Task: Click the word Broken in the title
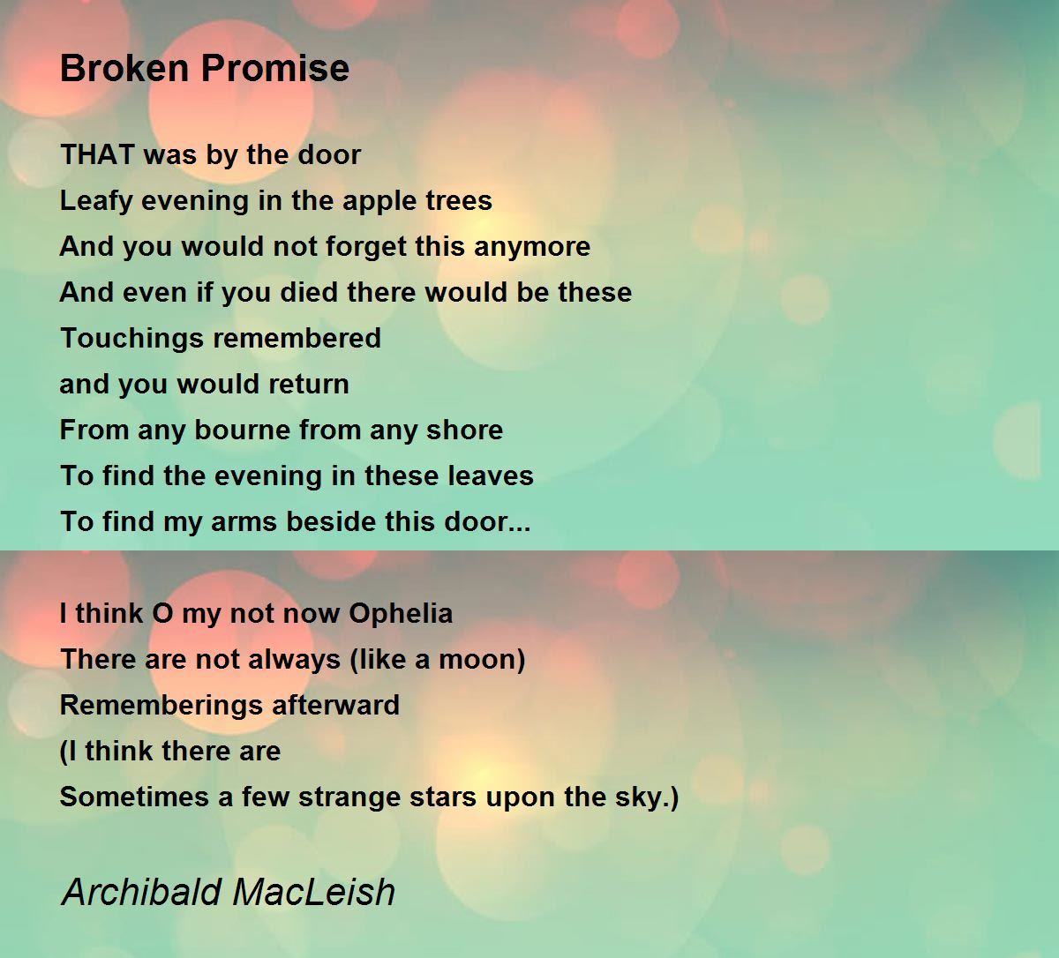click(124, 68)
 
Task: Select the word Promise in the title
click(275, 68)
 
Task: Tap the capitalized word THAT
click(97, 154)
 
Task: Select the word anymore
click(532, 247)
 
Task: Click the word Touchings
click(131, 339)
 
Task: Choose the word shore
click(464, 430)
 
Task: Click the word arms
click(243, 522)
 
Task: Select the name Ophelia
click(401, 614)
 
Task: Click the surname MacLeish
click(313, 893)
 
